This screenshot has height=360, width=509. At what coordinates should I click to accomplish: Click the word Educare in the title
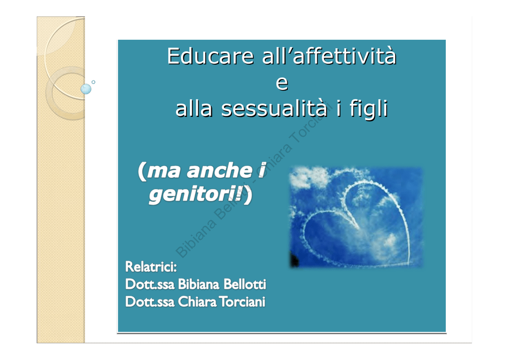210,56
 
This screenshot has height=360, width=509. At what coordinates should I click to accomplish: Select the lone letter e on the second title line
282,83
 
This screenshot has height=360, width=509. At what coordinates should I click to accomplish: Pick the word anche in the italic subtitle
219,170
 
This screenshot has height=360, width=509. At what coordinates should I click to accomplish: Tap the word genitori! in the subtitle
196,194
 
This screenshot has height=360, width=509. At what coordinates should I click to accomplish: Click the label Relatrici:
151,267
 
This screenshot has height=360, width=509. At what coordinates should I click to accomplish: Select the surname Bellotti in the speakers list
245,284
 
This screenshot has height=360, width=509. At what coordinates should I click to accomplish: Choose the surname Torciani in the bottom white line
242,302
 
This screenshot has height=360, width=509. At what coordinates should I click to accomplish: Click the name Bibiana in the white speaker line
199,284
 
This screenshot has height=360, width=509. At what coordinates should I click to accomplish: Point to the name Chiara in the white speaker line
197,302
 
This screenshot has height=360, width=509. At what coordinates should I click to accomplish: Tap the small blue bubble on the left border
86,89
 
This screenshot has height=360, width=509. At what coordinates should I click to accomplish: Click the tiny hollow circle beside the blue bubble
93,82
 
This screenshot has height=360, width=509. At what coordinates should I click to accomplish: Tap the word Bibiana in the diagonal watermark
196,239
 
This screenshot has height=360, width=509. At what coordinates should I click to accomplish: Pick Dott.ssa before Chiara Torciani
150,302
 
